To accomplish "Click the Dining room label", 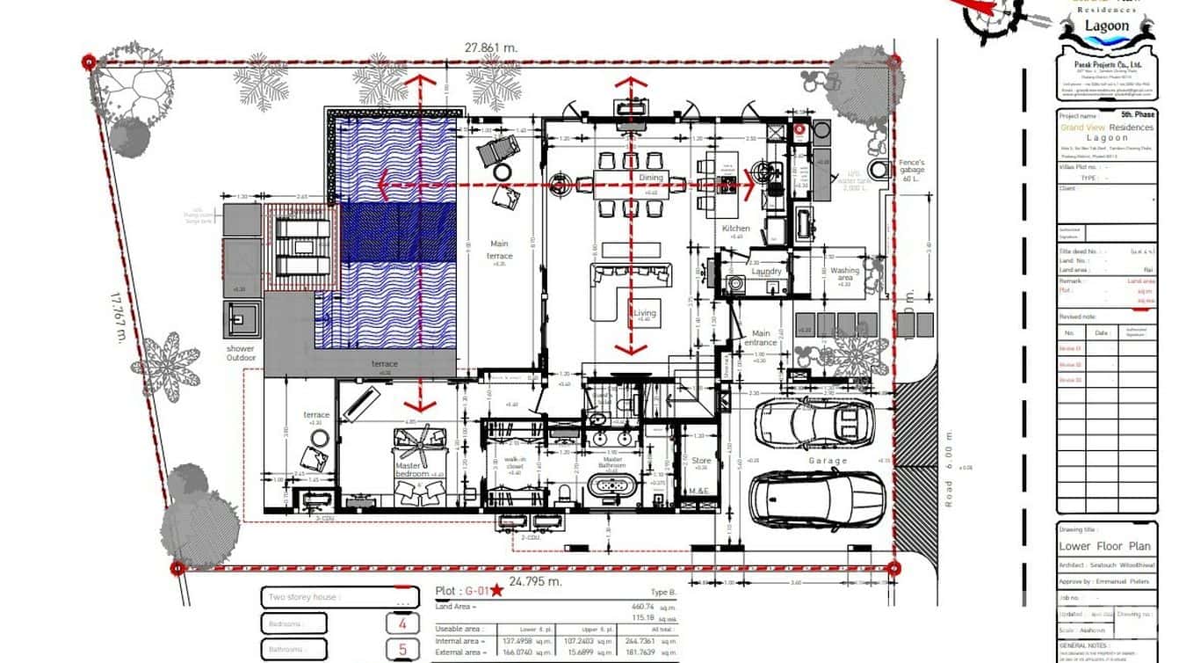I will [x=651, y=178].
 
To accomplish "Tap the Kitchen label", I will [x=736, y=229].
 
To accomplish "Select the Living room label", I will [x=645, y=313].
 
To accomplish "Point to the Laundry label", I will [x=766, y=272].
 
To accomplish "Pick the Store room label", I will [x=700, y=460].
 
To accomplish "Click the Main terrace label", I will [x=499, y=250].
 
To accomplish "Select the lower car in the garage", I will [x=816, y=498].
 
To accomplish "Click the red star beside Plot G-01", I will [x=497, y=590].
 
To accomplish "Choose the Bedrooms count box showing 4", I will [x=402, y=624].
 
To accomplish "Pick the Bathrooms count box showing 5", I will [x=402, y=651].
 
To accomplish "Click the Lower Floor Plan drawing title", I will [x=1104, y=546].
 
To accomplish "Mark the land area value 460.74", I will [x=643, y=607].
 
